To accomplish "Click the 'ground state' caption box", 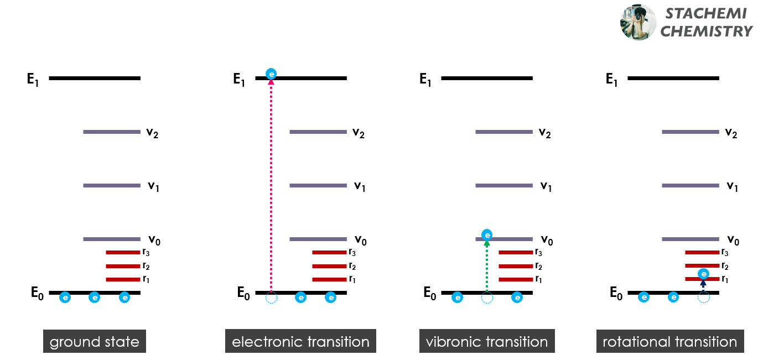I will (x=95, y=342).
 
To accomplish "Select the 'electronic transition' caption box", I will (x=300, y=342).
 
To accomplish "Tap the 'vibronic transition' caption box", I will (x=487, y=342).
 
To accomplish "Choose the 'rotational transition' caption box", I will (x=669, y=342).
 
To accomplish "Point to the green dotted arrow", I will (x=487, y=265).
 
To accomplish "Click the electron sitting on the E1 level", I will (x=271, y=74).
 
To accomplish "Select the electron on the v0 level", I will (x=487, y=234).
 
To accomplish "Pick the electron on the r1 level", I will (x=703, y=273).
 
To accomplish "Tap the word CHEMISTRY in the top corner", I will (x=707, y=32).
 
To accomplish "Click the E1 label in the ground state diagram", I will (x=33, y=80).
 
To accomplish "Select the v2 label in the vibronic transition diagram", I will (x=546, y=133).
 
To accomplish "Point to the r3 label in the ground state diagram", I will (x=146, y=252).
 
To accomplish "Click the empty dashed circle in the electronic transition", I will (x=271, y=298).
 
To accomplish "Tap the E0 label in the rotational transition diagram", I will (x=615, y=294).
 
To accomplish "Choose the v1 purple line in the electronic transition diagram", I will (x=318, y=185).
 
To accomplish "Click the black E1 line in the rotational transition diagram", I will (x=673, y=79).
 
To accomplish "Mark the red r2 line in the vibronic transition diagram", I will (x=516, y=266).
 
